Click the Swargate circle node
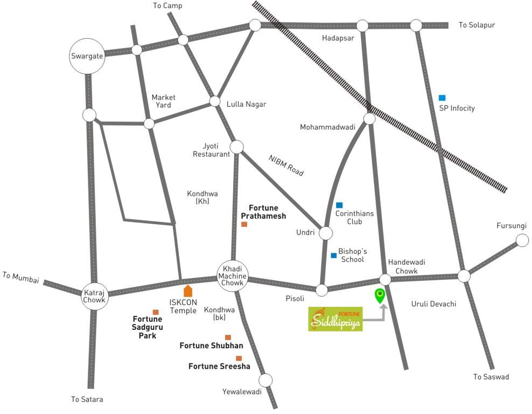[87, 56]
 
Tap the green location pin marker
[380, 295]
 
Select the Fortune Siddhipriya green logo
[335, 319]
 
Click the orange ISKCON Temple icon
[188, 292]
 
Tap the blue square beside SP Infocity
[442, 98]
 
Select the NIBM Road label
[286, 165]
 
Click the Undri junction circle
[326, 233]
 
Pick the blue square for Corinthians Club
[339, 205]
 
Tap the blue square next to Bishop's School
[334, 256]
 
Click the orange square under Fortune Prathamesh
[244, 224]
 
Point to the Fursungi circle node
[522, 240]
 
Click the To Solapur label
[477, 25]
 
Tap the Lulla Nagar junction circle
[215, 101]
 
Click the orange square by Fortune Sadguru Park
[156, 312]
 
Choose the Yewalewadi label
[242, 392]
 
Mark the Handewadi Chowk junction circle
[385, 279]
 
